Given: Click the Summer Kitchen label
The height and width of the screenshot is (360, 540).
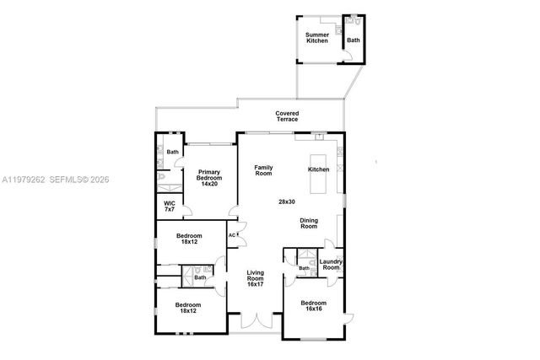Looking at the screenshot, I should (x=317, y=37).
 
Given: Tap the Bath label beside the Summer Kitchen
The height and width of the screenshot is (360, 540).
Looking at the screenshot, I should (x=353, y=40).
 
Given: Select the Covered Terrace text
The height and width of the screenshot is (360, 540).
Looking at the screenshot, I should (x=287, y=116).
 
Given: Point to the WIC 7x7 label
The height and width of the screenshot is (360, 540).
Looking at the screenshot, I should (x=170, y=207).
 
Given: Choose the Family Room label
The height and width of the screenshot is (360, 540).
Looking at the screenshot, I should (x=264, y=169).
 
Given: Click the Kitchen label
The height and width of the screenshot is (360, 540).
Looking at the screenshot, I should (x=318, y=169).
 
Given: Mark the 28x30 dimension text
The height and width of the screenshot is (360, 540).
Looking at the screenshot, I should (x=287, y=201).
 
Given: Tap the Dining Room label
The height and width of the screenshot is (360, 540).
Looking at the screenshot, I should (x=309, y=223).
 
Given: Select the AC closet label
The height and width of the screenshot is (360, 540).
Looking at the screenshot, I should (x=232, y=235).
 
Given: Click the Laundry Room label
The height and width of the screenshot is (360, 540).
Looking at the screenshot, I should (x=330, y=265).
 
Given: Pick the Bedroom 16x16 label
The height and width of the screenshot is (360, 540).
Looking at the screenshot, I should (x=314, y=305).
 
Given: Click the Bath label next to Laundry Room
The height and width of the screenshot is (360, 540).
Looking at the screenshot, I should (x=304, y=268).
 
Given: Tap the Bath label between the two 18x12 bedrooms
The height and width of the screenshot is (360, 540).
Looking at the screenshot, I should (x=200, y=277).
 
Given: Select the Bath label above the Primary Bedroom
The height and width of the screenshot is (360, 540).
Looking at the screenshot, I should (x=172, y=152).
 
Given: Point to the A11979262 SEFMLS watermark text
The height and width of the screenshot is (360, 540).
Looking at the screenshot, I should (x=55, y=180).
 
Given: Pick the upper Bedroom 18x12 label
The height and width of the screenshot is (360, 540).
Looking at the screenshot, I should (x=188, y=239).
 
